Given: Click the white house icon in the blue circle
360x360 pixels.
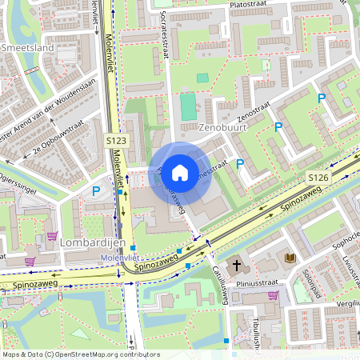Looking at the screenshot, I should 180,172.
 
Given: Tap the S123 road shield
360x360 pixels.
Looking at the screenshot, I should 118,141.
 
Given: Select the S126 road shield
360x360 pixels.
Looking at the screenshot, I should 318,175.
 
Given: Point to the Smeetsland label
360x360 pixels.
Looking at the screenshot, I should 27,48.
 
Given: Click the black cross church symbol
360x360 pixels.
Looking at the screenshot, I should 237,265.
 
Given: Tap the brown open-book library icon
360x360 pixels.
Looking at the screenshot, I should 290,258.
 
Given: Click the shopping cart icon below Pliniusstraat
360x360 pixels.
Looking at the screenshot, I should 273,294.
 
